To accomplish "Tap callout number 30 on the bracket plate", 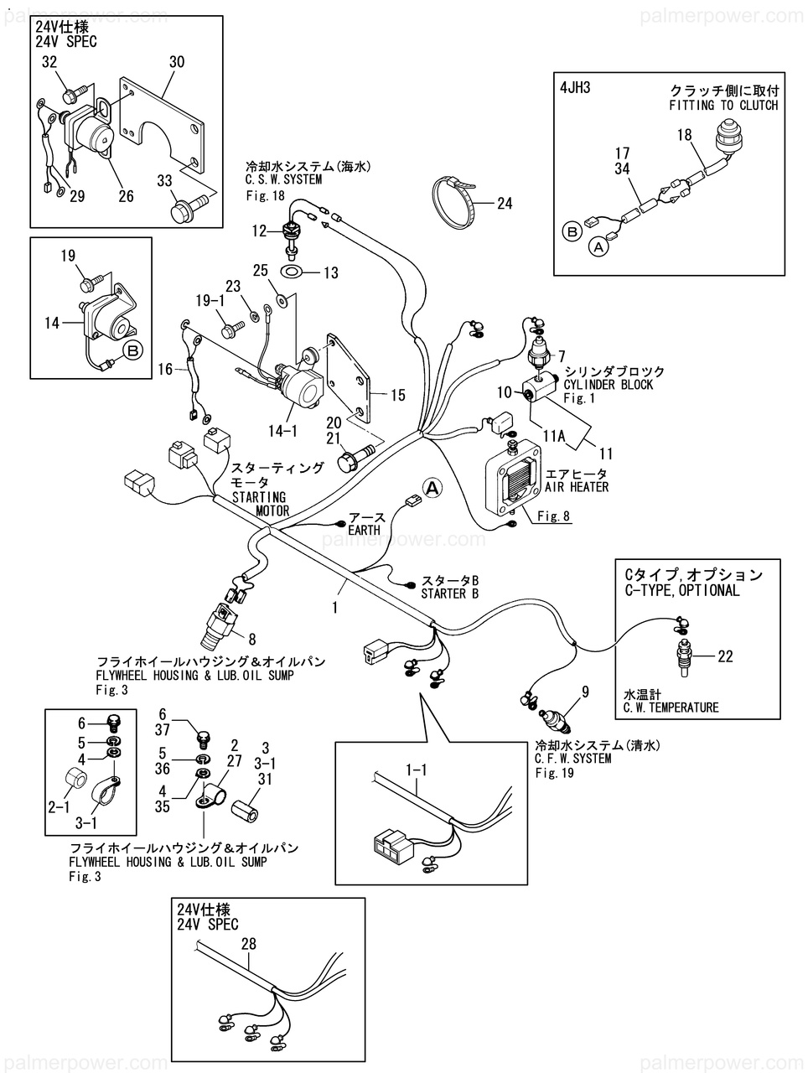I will [176, 62].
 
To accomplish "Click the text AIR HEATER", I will [577, 487].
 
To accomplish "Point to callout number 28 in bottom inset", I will [249, 944].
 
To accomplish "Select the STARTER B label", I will [449, 594].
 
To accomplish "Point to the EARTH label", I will [364, 531].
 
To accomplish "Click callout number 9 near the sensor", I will [585, 692].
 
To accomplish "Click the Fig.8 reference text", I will [554, 516].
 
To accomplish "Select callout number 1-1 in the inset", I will [416, 767].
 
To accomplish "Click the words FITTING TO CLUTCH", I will [723, 106].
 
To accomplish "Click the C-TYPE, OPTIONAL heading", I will [682, 590].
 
